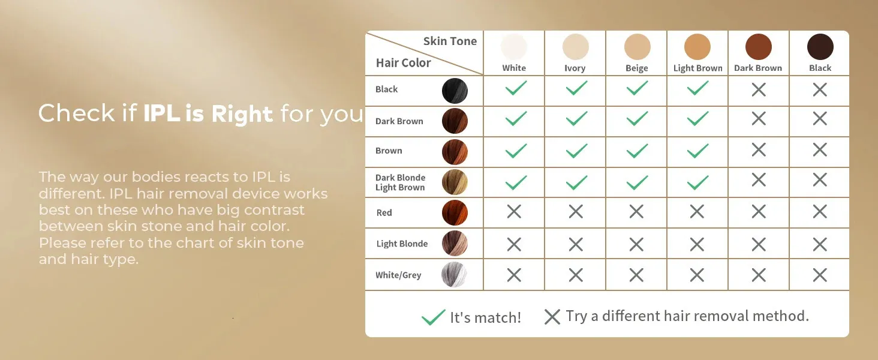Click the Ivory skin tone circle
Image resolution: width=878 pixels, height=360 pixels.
tap(575, 47)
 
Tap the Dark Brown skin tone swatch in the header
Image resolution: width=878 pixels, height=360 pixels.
tap(759, 47)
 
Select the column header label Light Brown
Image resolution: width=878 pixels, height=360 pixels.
tap(697, 68)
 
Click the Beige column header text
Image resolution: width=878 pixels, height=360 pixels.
tap(636, 68)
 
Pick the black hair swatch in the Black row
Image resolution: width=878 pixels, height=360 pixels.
tap(455, 91)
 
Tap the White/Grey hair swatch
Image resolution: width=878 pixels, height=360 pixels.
tap(455, 275)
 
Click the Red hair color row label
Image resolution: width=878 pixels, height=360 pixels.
tap(384, 212)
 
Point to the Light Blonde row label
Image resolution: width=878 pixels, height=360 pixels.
tap(402, 244)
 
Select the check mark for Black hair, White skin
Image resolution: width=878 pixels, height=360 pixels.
tap(516, 88)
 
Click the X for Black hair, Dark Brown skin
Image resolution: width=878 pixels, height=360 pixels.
tap(759, 90)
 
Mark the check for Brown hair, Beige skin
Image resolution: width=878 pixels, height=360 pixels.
tap(637, 151)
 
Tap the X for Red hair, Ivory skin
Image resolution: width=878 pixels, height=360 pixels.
tap(576, 212)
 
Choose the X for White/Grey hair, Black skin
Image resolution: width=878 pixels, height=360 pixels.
tap(820, 275)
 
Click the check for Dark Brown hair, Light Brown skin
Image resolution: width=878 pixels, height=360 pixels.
tap(697, 118)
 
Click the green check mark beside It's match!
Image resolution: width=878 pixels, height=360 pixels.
tap(433, 317)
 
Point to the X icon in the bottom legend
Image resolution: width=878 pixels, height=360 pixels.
tap(552, 317)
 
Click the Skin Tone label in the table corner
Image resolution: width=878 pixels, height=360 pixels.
tap(450, 41)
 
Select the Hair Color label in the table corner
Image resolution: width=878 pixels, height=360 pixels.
tap(404, 63)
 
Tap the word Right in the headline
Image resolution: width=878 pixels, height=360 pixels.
tap(242, 114)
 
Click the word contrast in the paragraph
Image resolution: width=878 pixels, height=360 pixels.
tap(274, 210)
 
